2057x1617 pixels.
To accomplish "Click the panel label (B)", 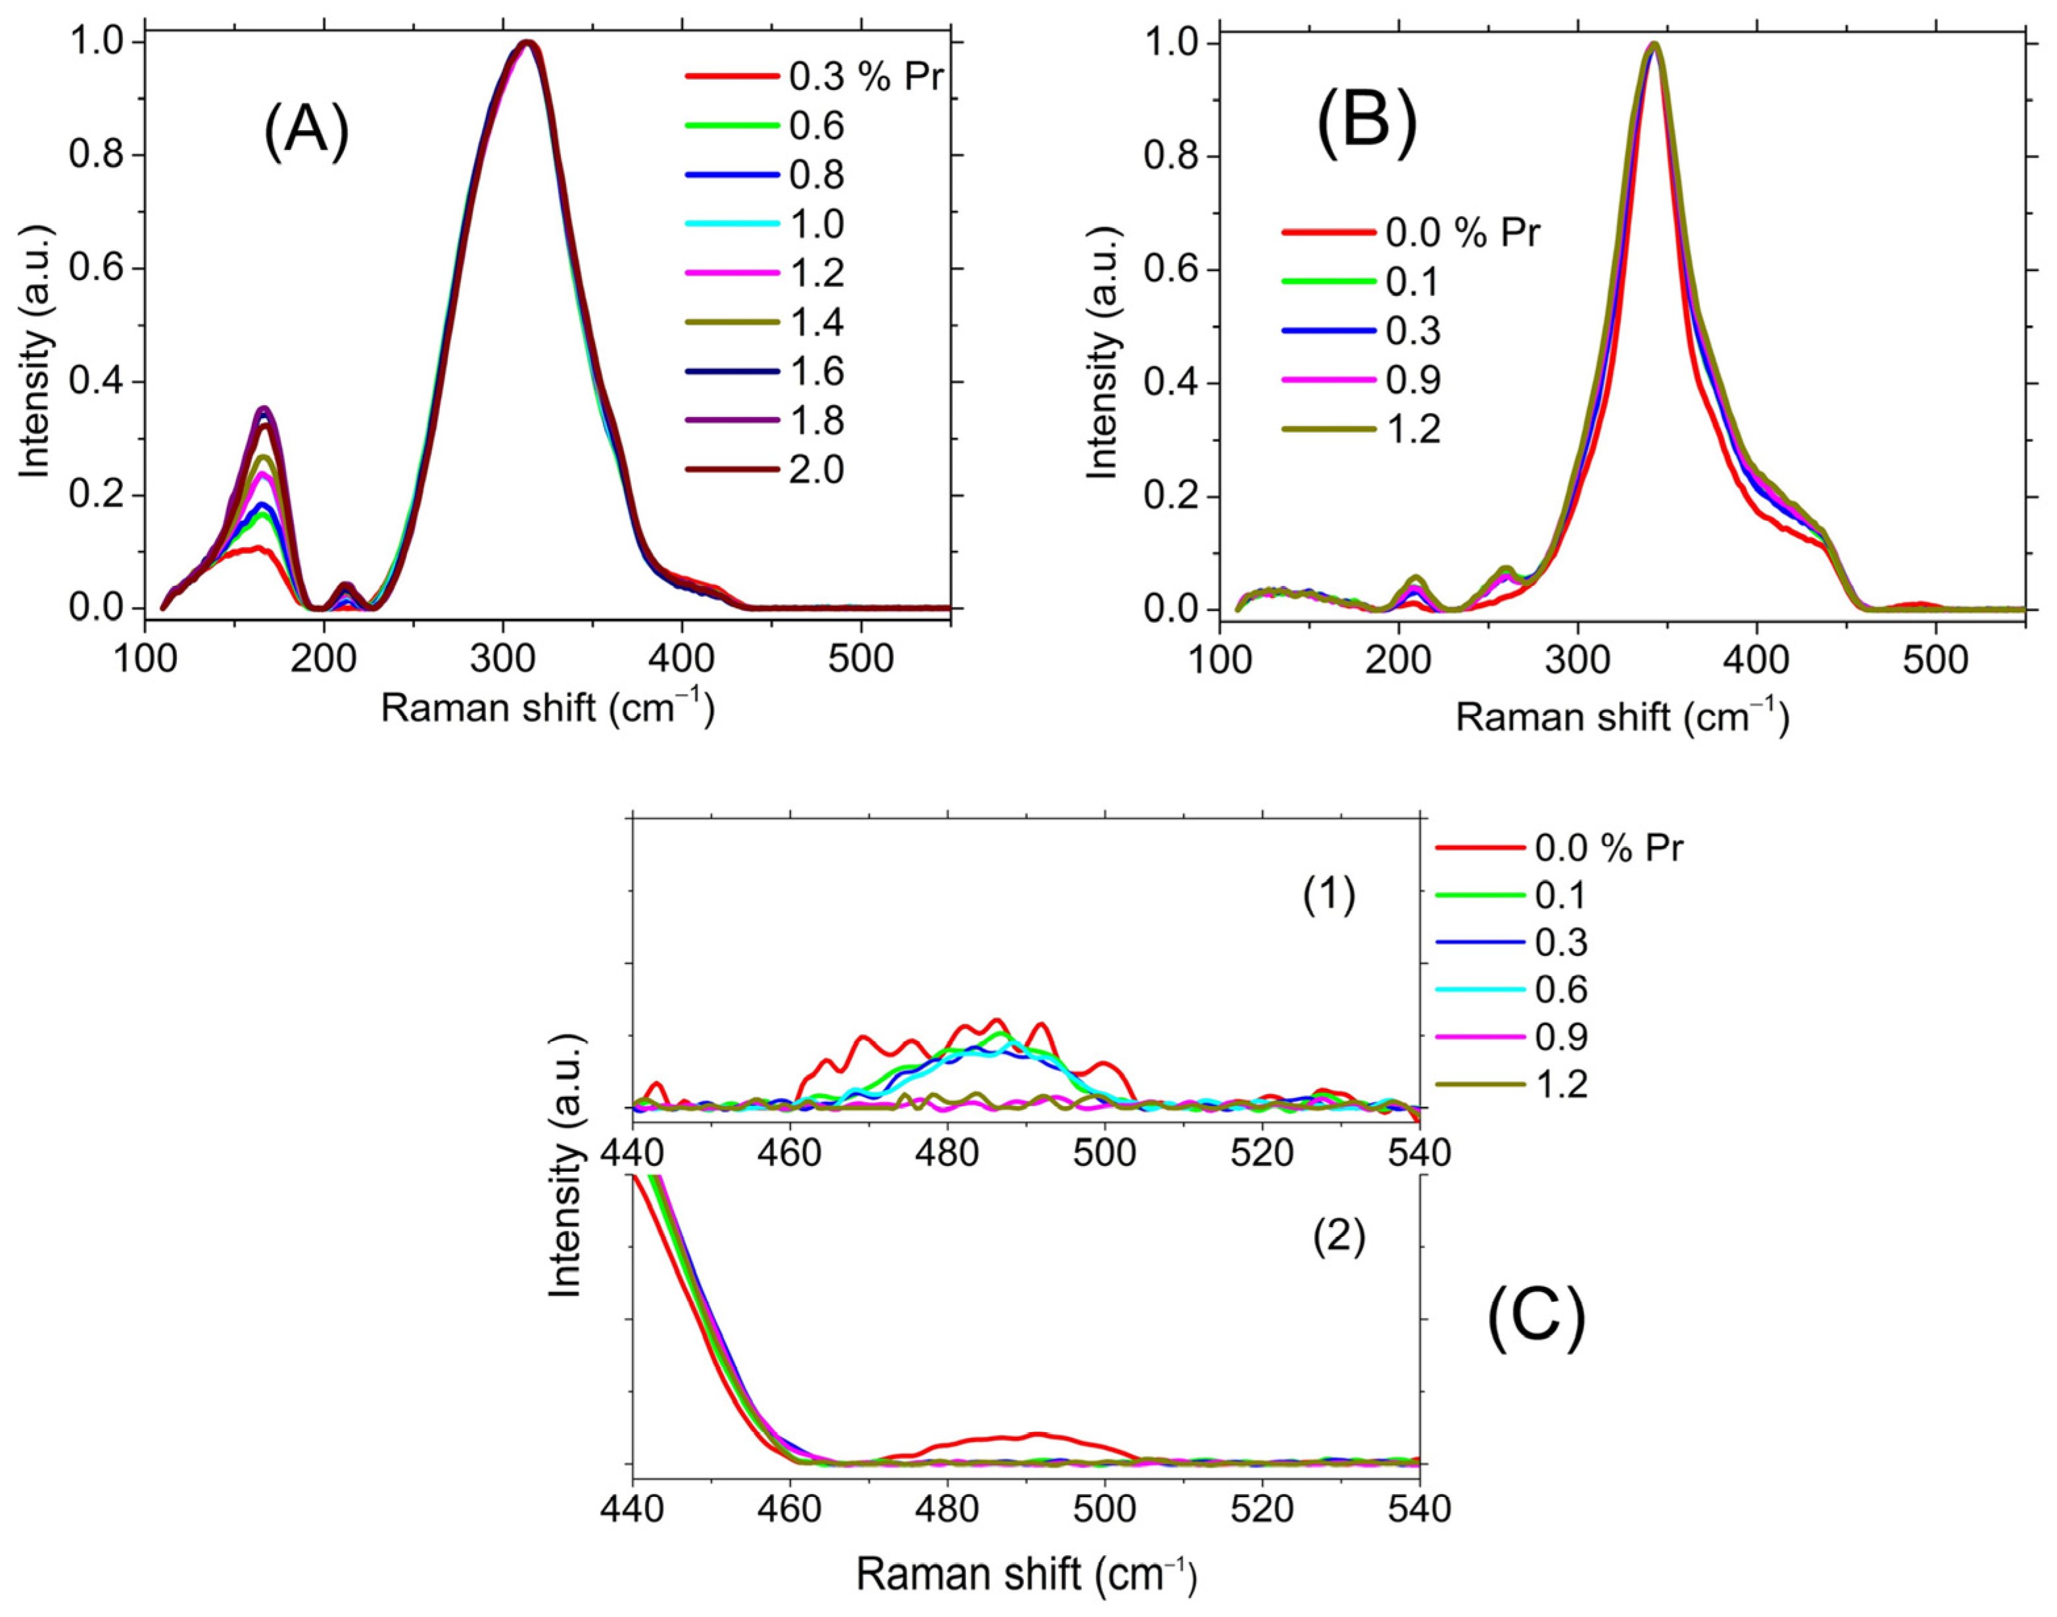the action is point(1367,123).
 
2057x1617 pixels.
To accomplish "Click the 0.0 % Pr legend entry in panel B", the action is point(1411,233).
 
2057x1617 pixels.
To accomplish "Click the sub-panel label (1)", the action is point(1329,896).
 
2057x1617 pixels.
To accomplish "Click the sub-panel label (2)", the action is point(1338,1238).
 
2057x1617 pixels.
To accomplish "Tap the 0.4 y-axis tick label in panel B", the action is point(1171,383).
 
